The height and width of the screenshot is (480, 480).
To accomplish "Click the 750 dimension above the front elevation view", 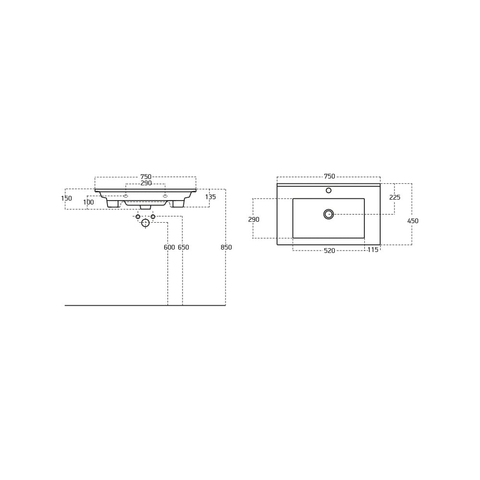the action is (146, 177).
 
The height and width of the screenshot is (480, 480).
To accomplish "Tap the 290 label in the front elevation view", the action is (146, 183).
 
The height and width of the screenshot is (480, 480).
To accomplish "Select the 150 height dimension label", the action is (66, 198).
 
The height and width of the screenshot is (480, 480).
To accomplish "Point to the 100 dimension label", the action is (88, 203).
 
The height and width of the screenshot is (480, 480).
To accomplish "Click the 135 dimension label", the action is (211, 197).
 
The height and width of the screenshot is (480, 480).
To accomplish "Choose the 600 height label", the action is (169, 247).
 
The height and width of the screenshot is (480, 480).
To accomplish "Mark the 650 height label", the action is (183, 247).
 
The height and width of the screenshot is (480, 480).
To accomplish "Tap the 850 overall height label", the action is (226, 247).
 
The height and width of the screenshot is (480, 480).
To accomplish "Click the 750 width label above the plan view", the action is (329, 176).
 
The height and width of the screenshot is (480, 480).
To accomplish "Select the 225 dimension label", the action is (395, 197).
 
